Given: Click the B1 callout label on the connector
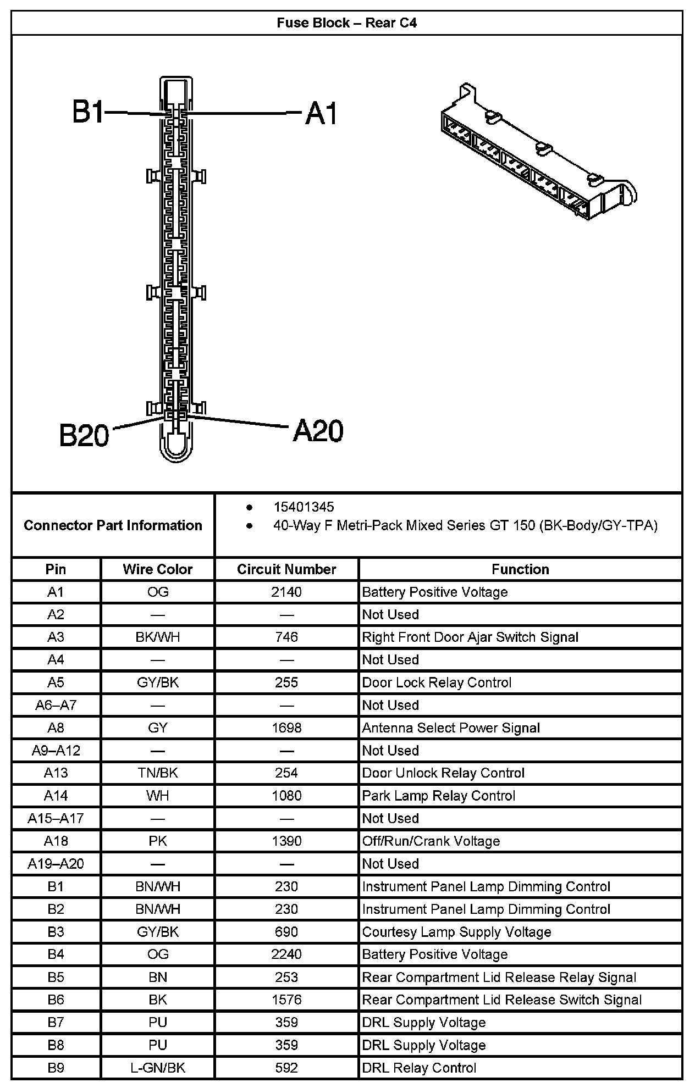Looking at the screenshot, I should (87, 112).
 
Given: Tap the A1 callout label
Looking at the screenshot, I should (321, 114).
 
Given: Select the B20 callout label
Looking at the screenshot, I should (84, 435).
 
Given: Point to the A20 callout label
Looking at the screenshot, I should (318, 430).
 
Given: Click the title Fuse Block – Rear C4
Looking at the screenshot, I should (346, 23).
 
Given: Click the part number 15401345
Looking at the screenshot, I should (304, 507).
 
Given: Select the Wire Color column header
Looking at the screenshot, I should (158, 569).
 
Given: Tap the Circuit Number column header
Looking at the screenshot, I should (286, 569).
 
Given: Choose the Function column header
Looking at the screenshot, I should (520, 569).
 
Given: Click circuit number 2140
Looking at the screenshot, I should (286, 592).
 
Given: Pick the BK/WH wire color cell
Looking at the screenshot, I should (158, 637).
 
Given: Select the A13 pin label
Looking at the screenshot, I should (56, 773).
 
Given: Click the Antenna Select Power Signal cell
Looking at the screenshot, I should (451, 728).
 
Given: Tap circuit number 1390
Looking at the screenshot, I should (286, 841).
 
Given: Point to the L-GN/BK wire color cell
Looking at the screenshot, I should (158, 1068).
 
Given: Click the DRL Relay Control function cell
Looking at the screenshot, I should (419, 1068).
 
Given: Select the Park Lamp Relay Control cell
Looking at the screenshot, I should (439, 796).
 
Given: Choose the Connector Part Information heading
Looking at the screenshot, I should (113, 525).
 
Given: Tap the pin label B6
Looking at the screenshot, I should (56, 1000).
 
